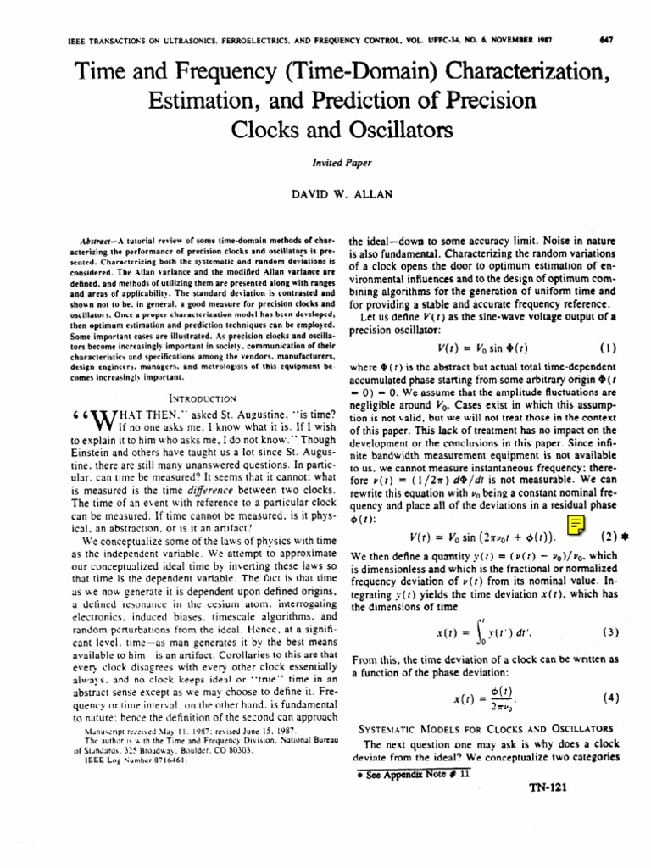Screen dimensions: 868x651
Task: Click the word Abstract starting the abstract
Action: point(94,242)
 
